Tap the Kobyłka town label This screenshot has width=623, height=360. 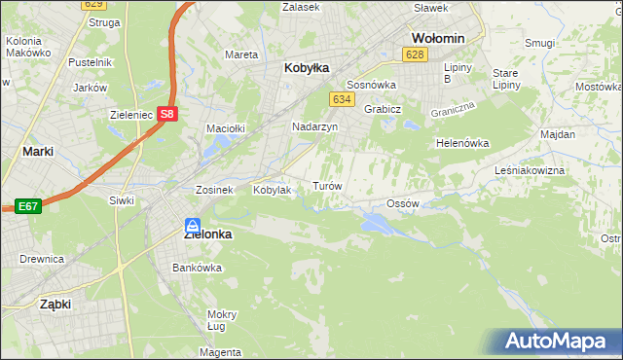(307, 68)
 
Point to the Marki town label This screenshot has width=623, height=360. (37, 152)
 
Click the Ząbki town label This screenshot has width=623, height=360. (55, 304)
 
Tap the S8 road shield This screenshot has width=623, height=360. (168, 113)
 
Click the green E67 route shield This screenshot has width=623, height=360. (27, 205)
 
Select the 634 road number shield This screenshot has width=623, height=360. (341, 99)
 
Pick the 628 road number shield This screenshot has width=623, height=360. (416, 54)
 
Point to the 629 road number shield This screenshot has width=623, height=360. (92, 5)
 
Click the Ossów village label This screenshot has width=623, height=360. (402, 203)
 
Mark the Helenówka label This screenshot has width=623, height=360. (461, 143)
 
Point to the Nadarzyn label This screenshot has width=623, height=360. (314, 126)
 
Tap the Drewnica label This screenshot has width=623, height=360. (42, 259)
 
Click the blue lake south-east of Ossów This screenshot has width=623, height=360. (376, 225)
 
